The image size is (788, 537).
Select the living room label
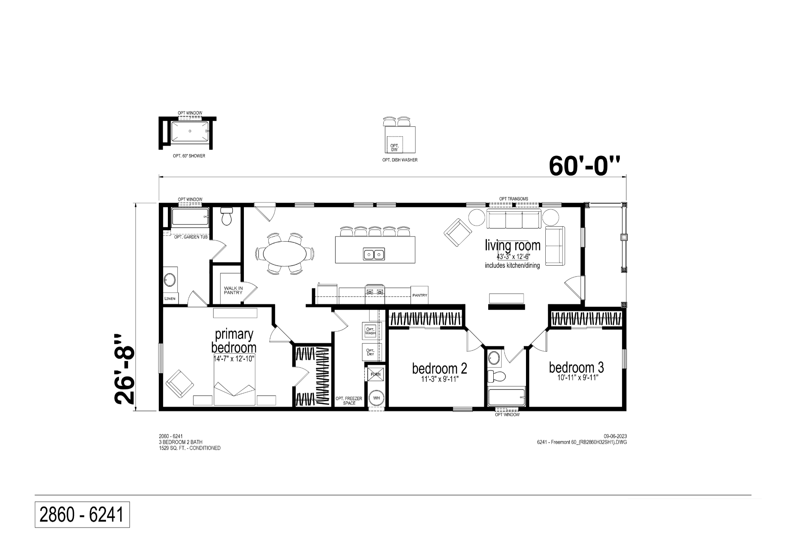[513, 245]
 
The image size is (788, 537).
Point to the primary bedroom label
[234, 341]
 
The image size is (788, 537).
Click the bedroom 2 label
[440, 368]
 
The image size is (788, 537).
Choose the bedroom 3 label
[576, 367]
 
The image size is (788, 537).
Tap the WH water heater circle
[377, 398]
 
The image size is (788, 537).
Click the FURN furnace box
[375, 374]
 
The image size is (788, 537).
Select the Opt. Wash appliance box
[370, 331]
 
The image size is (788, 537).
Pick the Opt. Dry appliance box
[370, 352]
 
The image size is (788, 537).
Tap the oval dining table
[285, 253]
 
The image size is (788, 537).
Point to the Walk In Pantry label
[233, 290]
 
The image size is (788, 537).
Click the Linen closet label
[170, 298]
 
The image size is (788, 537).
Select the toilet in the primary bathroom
[227, 216]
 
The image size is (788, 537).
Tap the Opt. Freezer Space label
[349, 401]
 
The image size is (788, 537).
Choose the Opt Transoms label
[513, 199]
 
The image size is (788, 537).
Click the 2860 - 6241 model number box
[82, 515]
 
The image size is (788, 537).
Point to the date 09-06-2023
[615, 436]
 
